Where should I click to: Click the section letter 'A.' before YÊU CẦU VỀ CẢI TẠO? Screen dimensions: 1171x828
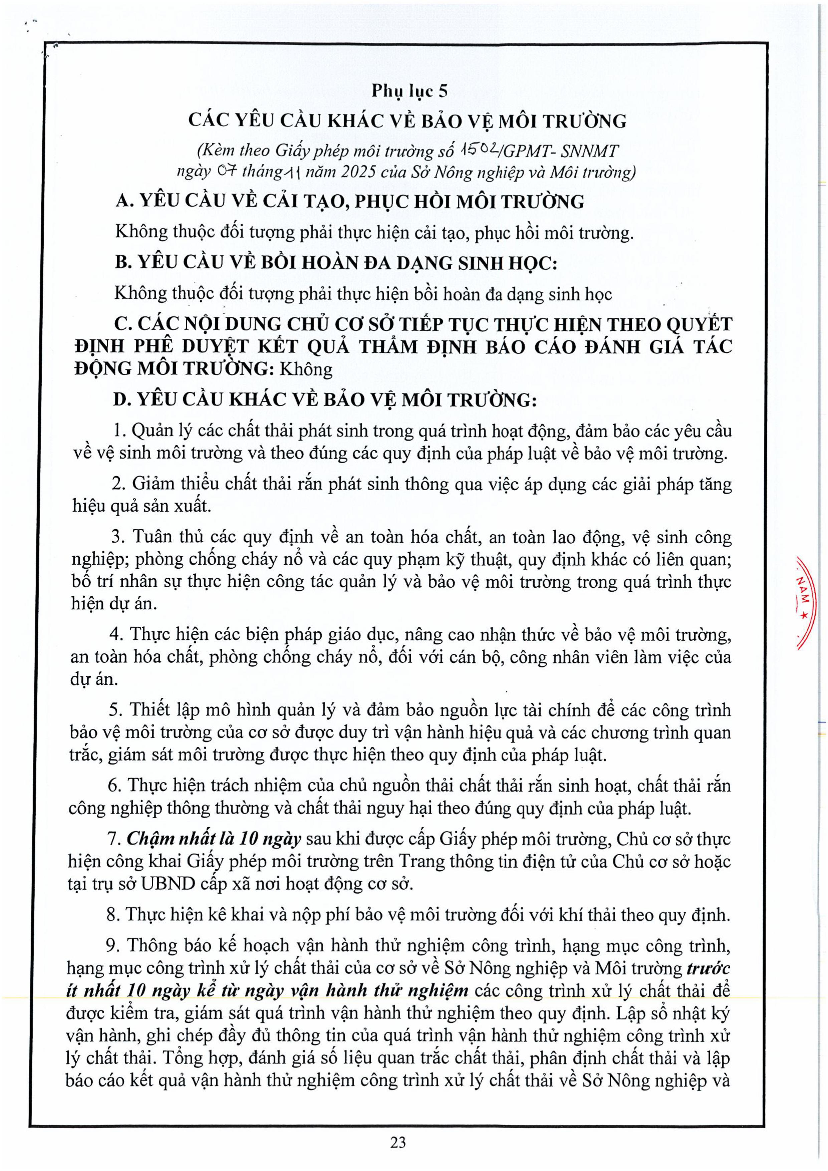pyautogui.click(x=124, y=202)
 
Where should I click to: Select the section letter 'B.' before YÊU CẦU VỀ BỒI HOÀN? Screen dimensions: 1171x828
pyautogui.click(x=124, y=263)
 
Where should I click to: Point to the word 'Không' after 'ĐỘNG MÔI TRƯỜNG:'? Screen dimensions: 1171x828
pyautogui.click(x=305, y=369)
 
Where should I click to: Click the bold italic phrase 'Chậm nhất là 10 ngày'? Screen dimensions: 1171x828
pyautogui.click(x=214, y=839)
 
